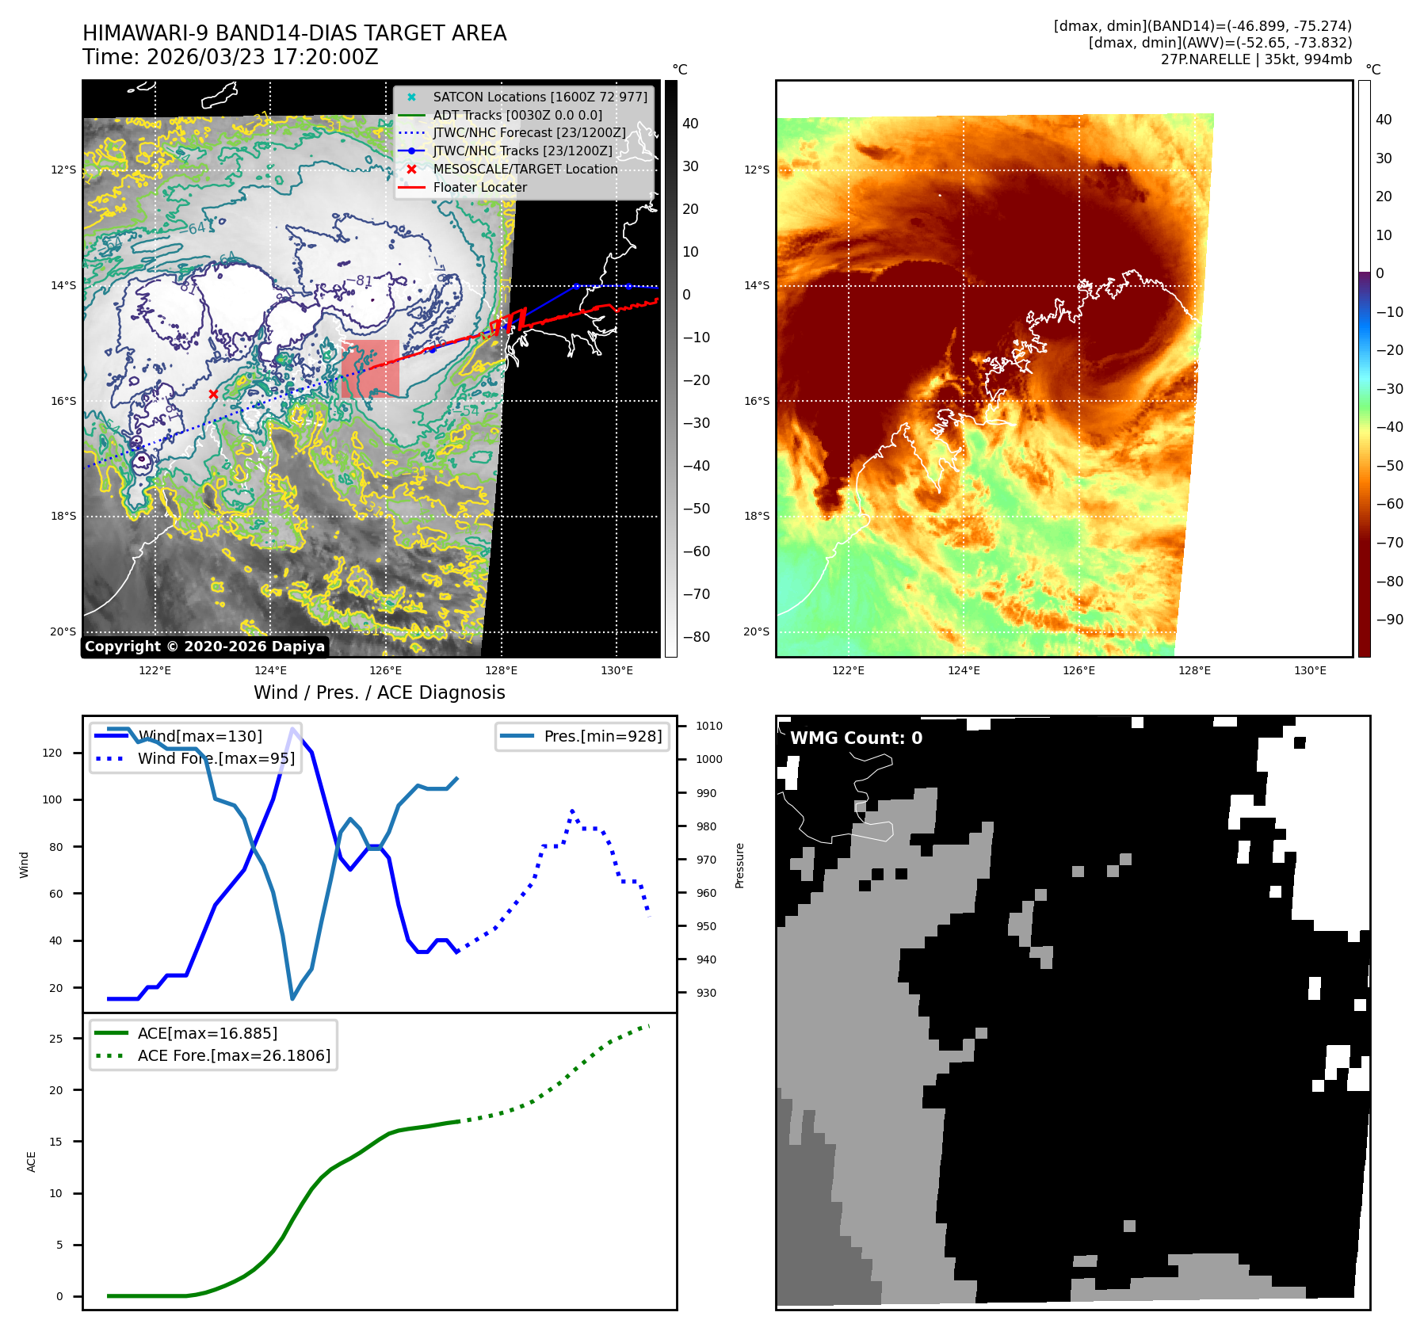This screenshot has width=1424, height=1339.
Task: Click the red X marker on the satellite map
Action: coord(213,394)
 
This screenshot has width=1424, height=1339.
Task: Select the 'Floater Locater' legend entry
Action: coord(479,188)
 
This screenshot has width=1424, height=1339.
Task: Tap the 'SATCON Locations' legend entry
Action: coord(540,97)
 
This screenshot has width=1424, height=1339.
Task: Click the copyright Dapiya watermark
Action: coord(204,647)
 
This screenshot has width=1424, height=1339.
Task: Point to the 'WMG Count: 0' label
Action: coord(856,738)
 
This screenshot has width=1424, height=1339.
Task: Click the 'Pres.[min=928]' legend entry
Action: coord(602,736)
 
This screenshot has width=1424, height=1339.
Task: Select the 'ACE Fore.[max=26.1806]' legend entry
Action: coord(234,1055)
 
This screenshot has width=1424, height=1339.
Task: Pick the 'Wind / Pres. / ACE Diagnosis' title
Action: coord(379,692)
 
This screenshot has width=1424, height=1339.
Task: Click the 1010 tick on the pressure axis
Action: coord(708,726)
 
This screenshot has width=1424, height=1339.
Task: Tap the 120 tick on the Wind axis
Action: coord(52,753)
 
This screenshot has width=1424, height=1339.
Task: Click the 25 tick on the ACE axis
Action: coord(55,1039)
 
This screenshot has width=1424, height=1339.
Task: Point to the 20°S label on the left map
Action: coord(63,631)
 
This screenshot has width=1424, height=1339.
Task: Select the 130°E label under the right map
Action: coord(1310,670)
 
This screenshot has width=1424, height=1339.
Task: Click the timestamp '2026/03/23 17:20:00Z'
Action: coord(262,57)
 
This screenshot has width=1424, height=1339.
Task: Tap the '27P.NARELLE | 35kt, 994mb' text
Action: coord(1256,59)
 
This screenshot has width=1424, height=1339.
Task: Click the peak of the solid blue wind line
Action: coord(293,729)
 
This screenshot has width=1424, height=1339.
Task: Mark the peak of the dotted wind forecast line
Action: coord(572,811)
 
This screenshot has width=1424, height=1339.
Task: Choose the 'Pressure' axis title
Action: coord(739,865)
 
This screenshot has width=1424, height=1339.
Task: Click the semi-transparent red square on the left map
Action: coord(370,368)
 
